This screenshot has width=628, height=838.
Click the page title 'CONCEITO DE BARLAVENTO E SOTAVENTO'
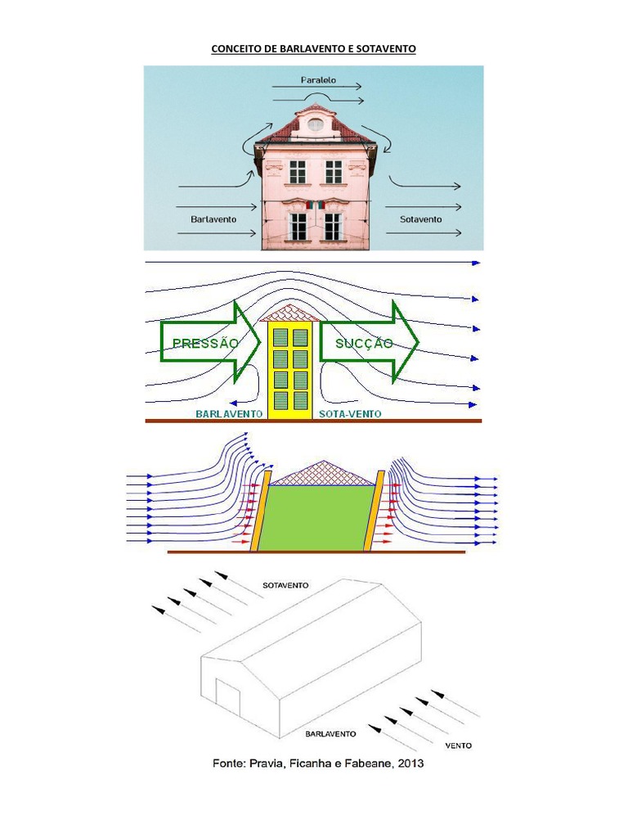coord(314,49)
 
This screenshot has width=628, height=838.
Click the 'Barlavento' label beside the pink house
coord(213,219)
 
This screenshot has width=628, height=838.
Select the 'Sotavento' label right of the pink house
coord(421,219)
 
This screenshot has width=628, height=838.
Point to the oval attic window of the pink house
coord(315,124)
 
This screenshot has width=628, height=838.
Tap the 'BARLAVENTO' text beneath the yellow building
coord(229,414)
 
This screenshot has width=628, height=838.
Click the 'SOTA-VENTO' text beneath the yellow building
coord(349,414)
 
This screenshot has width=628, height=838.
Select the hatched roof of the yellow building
coord(290,313)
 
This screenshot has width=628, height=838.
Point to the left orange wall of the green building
coord(261,511)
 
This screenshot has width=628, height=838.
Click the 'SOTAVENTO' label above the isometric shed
coord(285,586)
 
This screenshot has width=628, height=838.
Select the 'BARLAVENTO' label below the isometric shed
coord(330,734)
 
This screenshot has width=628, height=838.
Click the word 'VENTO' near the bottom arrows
coord(458,746)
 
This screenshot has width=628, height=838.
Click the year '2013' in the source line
coord(407,765)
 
